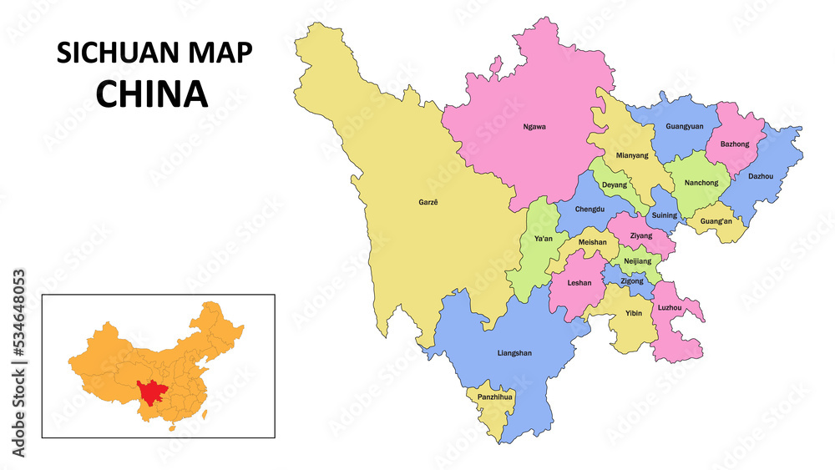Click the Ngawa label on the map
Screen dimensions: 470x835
534,127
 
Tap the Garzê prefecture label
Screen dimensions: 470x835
428,202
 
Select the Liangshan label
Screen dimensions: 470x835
514,353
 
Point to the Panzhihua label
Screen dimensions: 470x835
494,397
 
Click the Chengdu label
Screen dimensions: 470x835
590,209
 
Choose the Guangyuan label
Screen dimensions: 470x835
684,127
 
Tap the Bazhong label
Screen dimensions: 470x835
734,144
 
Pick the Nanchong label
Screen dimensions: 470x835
701,183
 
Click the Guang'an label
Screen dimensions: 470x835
716,221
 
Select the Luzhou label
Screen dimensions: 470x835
669,308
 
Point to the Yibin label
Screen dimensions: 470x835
634,314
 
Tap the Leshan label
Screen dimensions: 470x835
579,283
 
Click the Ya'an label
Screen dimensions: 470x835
543,239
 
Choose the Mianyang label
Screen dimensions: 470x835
631,155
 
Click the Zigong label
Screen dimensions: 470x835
632,281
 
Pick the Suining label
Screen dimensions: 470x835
665,215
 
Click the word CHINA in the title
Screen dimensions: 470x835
151,94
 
